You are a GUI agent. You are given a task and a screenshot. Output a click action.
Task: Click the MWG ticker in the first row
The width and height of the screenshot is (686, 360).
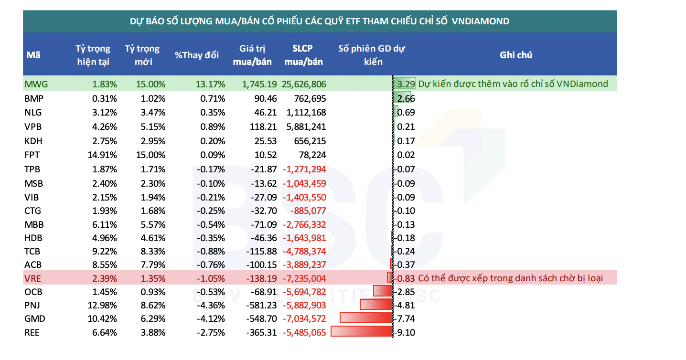point(36,85)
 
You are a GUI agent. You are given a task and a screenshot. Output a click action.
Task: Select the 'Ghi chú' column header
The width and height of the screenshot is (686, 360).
point(516,55)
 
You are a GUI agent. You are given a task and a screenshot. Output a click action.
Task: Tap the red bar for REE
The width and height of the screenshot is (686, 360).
point(361,331)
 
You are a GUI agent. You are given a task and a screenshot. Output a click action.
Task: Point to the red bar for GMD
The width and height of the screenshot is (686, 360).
point(366,318)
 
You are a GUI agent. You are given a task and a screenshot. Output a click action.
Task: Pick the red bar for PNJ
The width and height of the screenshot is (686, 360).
point(376,305)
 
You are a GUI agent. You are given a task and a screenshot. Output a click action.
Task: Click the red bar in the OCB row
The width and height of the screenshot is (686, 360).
point(383,291)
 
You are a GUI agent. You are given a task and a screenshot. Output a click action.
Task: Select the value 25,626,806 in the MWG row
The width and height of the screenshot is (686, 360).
point(304,85)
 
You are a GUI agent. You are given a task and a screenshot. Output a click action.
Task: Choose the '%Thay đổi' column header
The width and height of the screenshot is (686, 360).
point(197,55)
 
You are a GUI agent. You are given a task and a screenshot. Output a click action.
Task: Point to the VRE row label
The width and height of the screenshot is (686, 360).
point(33,278)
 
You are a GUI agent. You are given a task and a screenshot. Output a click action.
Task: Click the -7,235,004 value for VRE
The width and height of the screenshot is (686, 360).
point(304,278)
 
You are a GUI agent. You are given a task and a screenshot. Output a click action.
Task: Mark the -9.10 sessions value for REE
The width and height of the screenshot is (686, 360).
point(405,332)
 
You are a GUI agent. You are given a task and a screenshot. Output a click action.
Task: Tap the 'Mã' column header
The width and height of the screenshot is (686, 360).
point(33,55)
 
